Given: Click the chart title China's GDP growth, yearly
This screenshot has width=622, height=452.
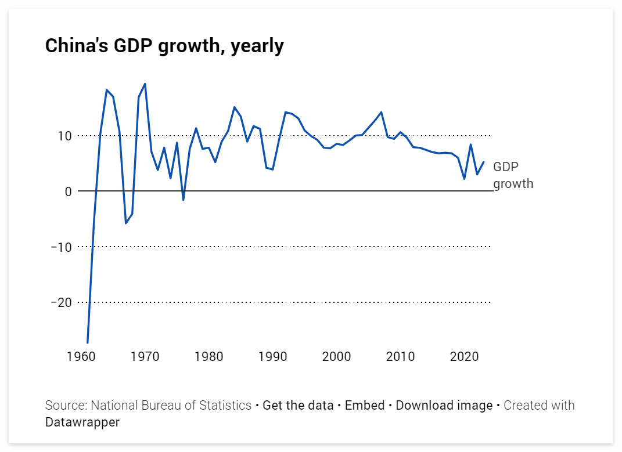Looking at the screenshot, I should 164,46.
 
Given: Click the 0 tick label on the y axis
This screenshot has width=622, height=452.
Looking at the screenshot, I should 67,191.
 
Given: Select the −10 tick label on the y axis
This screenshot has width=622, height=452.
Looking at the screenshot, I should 61,247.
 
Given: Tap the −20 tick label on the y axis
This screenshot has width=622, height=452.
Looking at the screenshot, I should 61,303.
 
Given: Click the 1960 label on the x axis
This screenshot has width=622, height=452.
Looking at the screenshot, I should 81,356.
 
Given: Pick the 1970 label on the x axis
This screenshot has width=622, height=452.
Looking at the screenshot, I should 145,356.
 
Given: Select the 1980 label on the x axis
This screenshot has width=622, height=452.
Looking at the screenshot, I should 209,356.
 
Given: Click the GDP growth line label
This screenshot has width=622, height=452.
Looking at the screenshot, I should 512,175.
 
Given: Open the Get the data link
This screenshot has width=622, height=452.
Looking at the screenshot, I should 298,405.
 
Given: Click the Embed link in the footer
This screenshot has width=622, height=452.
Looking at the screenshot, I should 365,405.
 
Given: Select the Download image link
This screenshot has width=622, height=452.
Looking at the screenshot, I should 444,405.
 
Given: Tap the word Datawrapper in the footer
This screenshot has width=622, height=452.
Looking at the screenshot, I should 82,422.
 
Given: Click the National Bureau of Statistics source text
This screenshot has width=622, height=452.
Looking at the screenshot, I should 171,405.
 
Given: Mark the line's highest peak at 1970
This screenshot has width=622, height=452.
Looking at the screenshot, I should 145,84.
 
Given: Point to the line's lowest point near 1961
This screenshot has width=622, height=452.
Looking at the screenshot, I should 88,342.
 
